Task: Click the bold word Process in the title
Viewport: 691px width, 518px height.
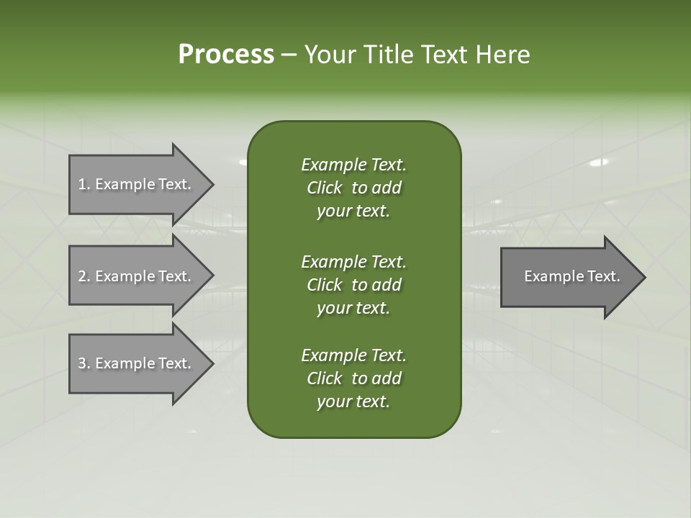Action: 226,55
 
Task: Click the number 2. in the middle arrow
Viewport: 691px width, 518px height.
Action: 83,276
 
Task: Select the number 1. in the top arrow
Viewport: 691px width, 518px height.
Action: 83,184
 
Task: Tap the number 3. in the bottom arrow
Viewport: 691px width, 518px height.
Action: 83,363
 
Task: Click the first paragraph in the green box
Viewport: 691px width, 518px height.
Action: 353,188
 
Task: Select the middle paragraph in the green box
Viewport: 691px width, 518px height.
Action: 353,285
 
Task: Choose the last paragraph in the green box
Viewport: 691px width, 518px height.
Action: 353,378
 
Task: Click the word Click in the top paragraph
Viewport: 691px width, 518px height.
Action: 325,188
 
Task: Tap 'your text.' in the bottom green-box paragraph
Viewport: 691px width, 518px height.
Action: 353,401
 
